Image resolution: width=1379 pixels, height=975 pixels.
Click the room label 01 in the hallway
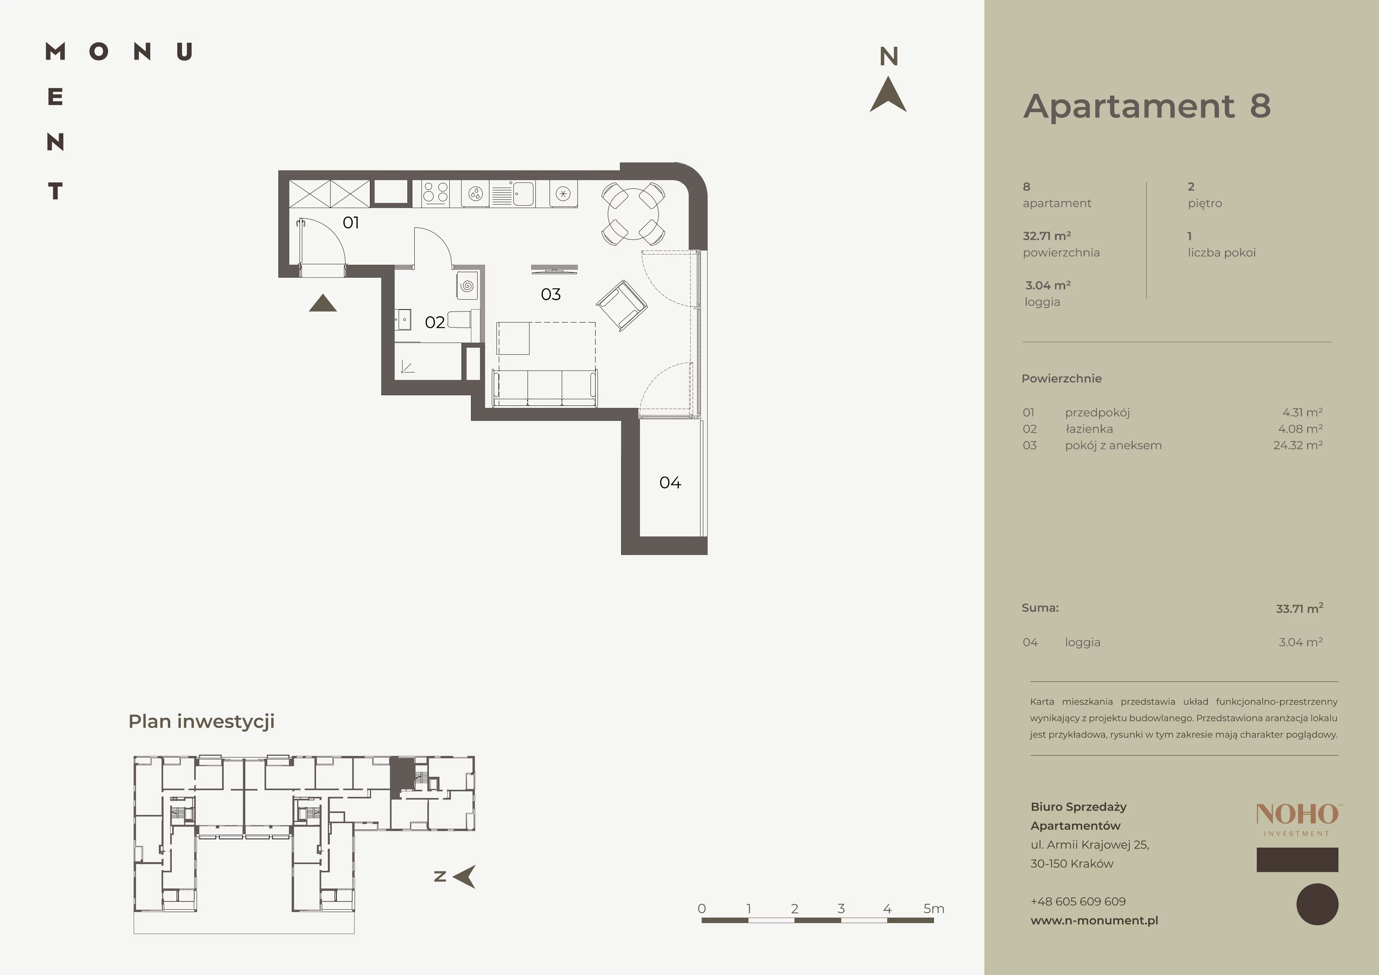351,223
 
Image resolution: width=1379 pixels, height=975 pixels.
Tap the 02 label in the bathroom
435,323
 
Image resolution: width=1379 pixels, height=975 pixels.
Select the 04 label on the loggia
670,483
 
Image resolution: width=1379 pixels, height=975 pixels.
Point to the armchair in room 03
621,305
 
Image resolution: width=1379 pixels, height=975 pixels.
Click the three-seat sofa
545,388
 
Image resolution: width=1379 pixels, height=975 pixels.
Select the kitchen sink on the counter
512,194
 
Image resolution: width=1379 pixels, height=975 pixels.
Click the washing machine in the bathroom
467,286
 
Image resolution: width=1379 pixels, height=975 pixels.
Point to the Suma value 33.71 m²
1300,608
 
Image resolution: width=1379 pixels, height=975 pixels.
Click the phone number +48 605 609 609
1078,901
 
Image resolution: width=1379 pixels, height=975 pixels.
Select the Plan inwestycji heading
202,721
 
